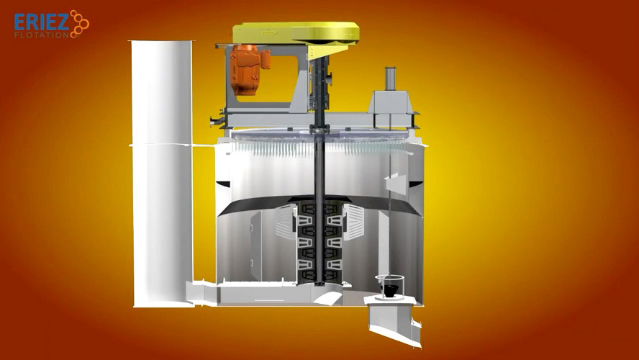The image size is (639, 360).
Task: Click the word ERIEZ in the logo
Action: (x=41, y=22)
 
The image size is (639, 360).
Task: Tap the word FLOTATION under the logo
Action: (x=41, y=35)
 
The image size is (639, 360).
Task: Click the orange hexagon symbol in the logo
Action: (x=79, y=24)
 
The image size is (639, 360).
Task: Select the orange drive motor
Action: (x=248, y=68)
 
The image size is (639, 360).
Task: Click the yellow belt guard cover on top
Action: (x=296, y=33)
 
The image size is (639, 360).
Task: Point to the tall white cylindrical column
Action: (x=162, y=174)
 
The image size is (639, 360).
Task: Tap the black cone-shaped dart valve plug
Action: (x=389, y=290)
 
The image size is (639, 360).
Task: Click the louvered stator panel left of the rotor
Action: (x=285, y=222)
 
